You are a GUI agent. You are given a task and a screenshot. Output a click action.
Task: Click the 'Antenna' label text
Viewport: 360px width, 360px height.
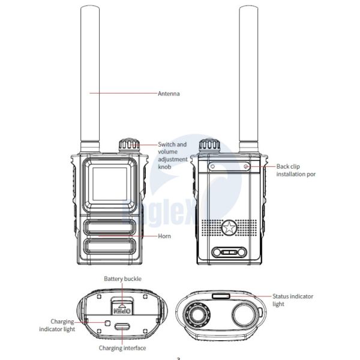[x=169, y=94]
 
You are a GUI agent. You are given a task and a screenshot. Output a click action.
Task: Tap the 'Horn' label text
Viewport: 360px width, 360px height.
[x=164, y=236]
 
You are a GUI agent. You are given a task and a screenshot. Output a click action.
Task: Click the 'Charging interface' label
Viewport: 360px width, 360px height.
[x=122, y=348]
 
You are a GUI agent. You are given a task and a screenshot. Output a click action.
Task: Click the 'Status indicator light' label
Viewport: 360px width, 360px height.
[x=293, y=300]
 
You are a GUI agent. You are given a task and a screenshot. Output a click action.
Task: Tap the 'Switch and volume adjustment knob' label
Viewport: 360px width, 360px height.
[x=172, y=157]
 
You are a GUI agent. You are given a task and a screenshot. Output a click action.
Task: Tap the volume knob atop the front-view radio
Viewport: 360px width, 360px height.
[x=127, y=146]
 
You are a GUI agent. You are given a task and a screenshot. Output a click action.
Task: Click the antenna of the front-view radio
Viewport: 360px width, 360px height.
[x=89, y=78]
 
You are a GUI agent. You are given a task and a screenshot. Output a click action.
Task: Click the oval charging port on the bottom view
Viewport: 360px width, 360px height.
[x=123, y=327]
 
